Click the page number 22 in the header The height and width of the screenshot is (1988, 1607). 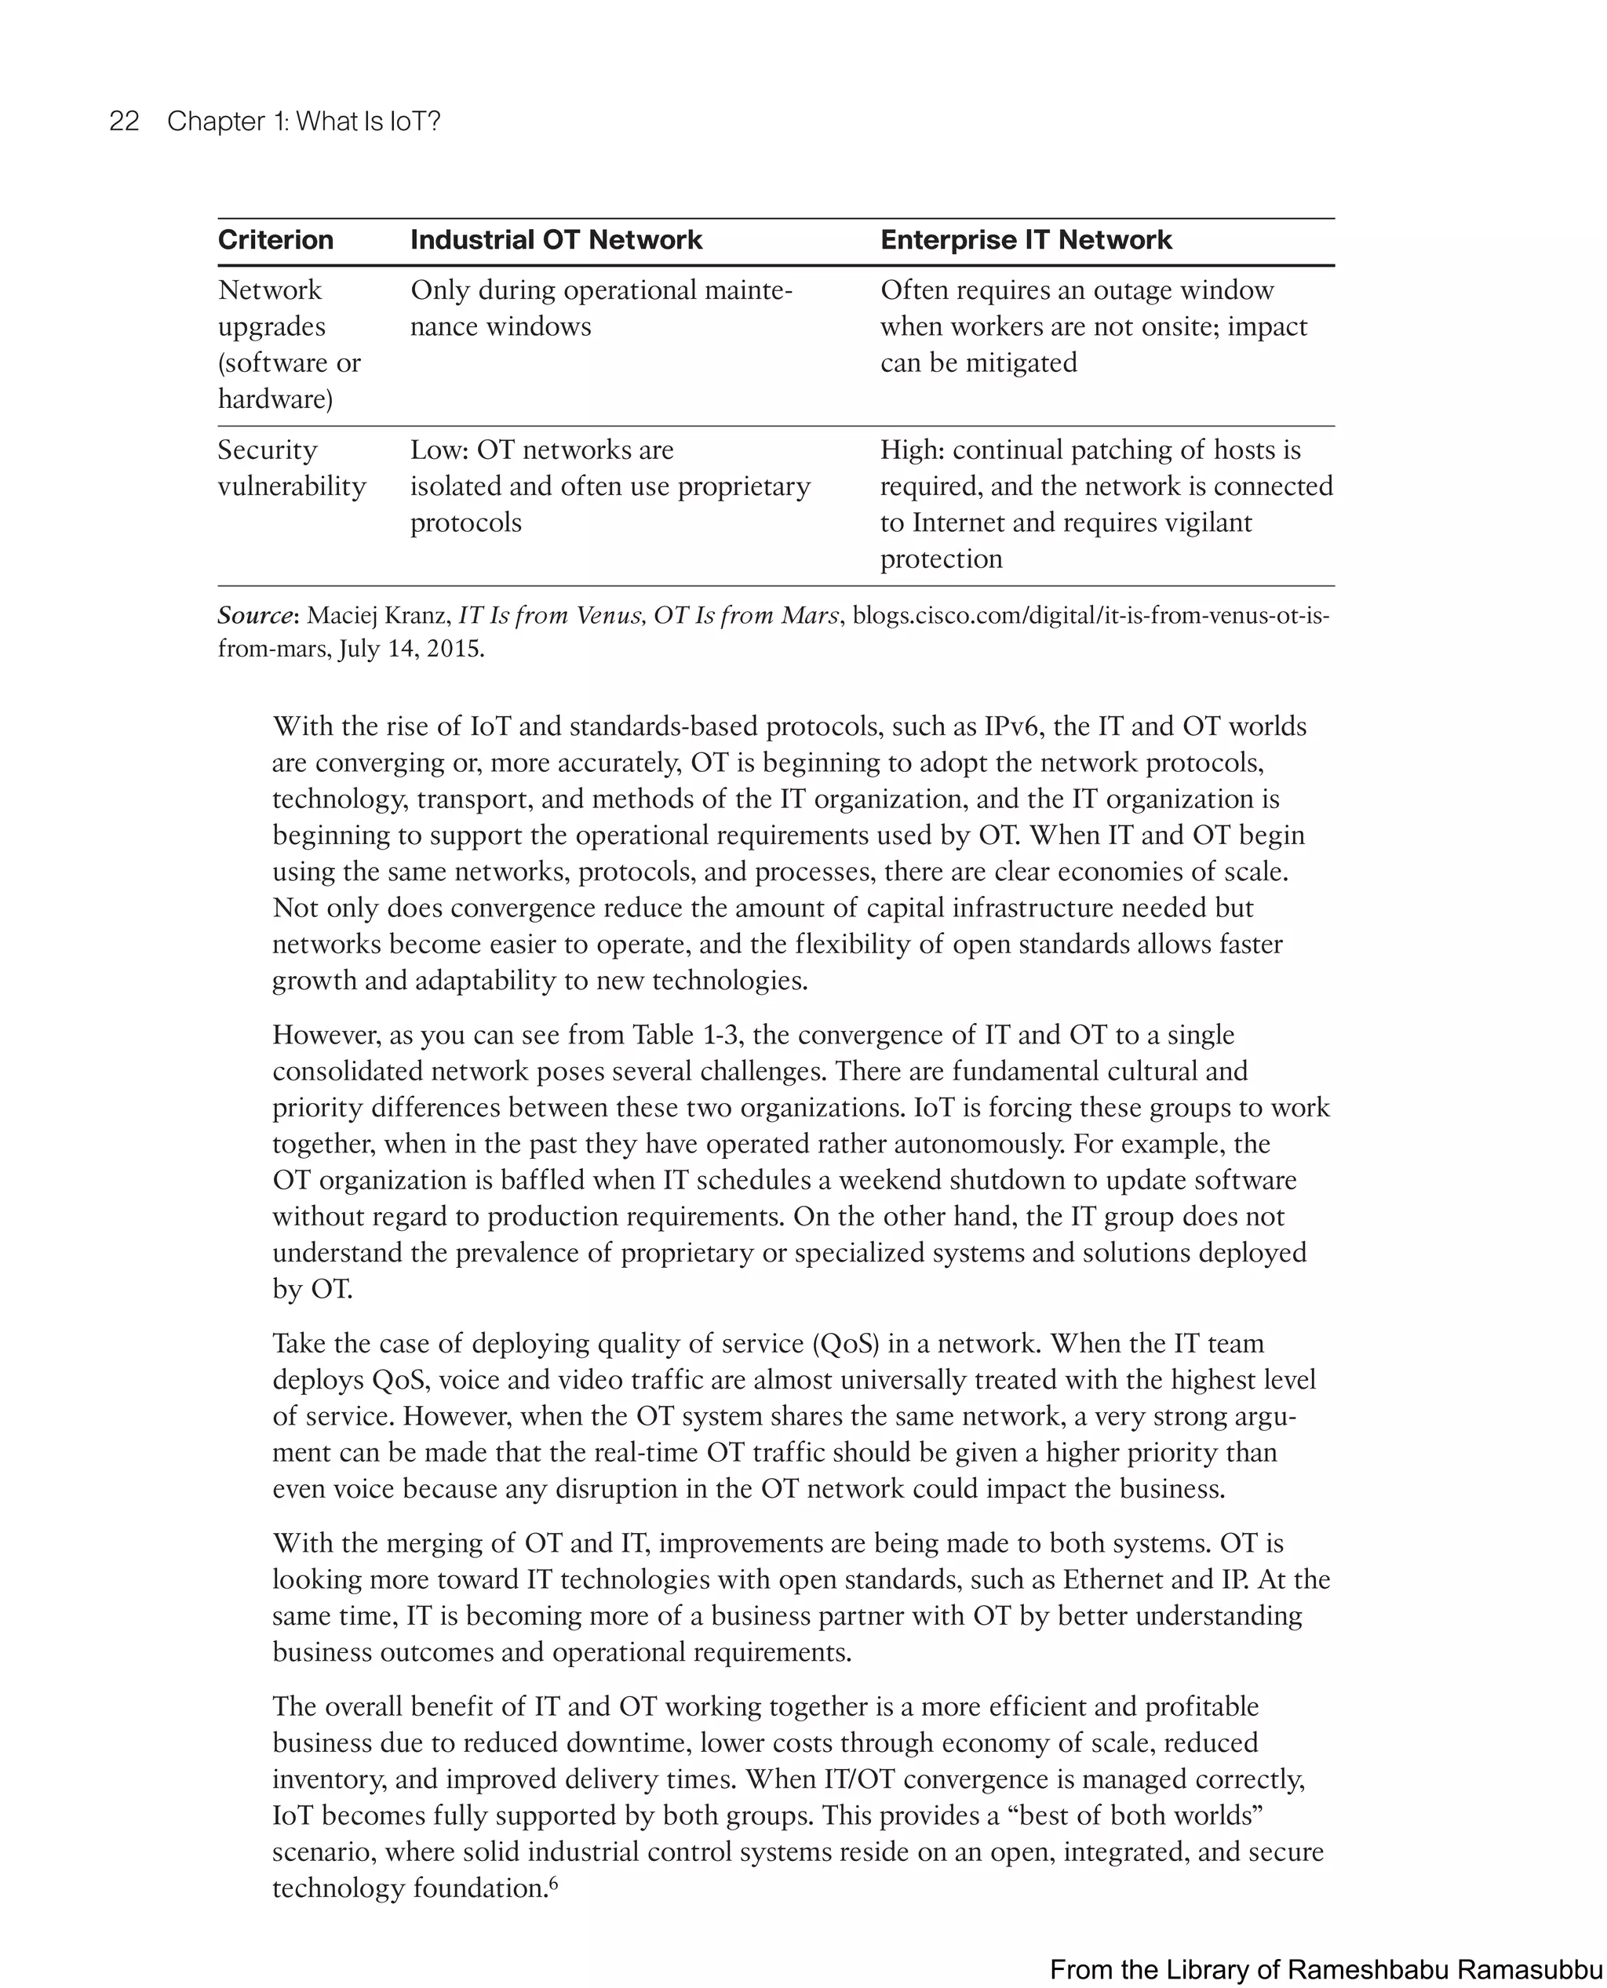[x=124, y=122]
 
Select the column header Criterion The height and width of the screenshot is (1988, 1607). [x=275, y=240]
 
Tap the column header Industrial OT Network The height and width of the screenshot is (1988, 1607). [x=556, y=240]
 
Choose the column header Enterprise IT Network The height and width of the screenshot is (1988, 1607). [x=1026, y=240]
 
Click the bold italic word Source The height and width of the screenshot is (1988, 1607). [x=254, y=616]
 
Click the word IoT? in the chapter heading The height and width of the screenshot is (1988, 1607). [x=414, y=122]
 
